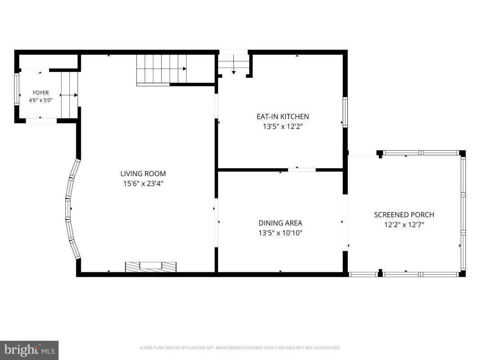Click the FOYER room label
(41, 93)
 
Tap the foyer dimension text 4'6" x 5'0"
(41, 100)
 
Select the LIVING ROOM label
(143, 174)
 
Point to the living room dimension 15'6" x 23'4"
(143, 184)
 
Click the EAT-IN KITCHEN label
(283, 117)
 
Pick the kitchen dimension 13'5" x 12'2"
(283, 126)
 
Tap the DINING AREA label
(280, 223)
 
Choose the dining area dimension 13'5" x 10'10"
(280, 233)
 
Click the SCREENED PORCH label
(404, 215)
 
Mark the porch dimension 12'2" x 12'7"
(404, 225)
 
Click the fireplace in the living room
(151, 267)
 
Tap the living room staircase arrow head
(184, 69)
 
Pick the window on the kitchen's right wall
(345, 112)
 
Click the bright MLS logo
(29, 350)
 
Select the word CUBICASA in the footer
(200, 348)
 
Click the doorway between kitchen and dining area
(302, 170)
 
